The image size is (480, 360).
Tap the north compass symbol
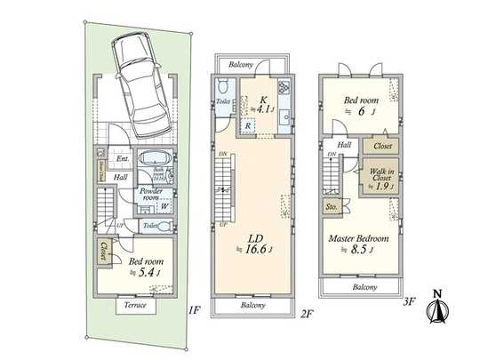click(436, 308)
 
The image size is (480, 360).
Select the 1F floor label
click(195, 312)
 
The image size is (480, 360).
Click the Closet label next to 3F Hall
click(383, 146)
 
